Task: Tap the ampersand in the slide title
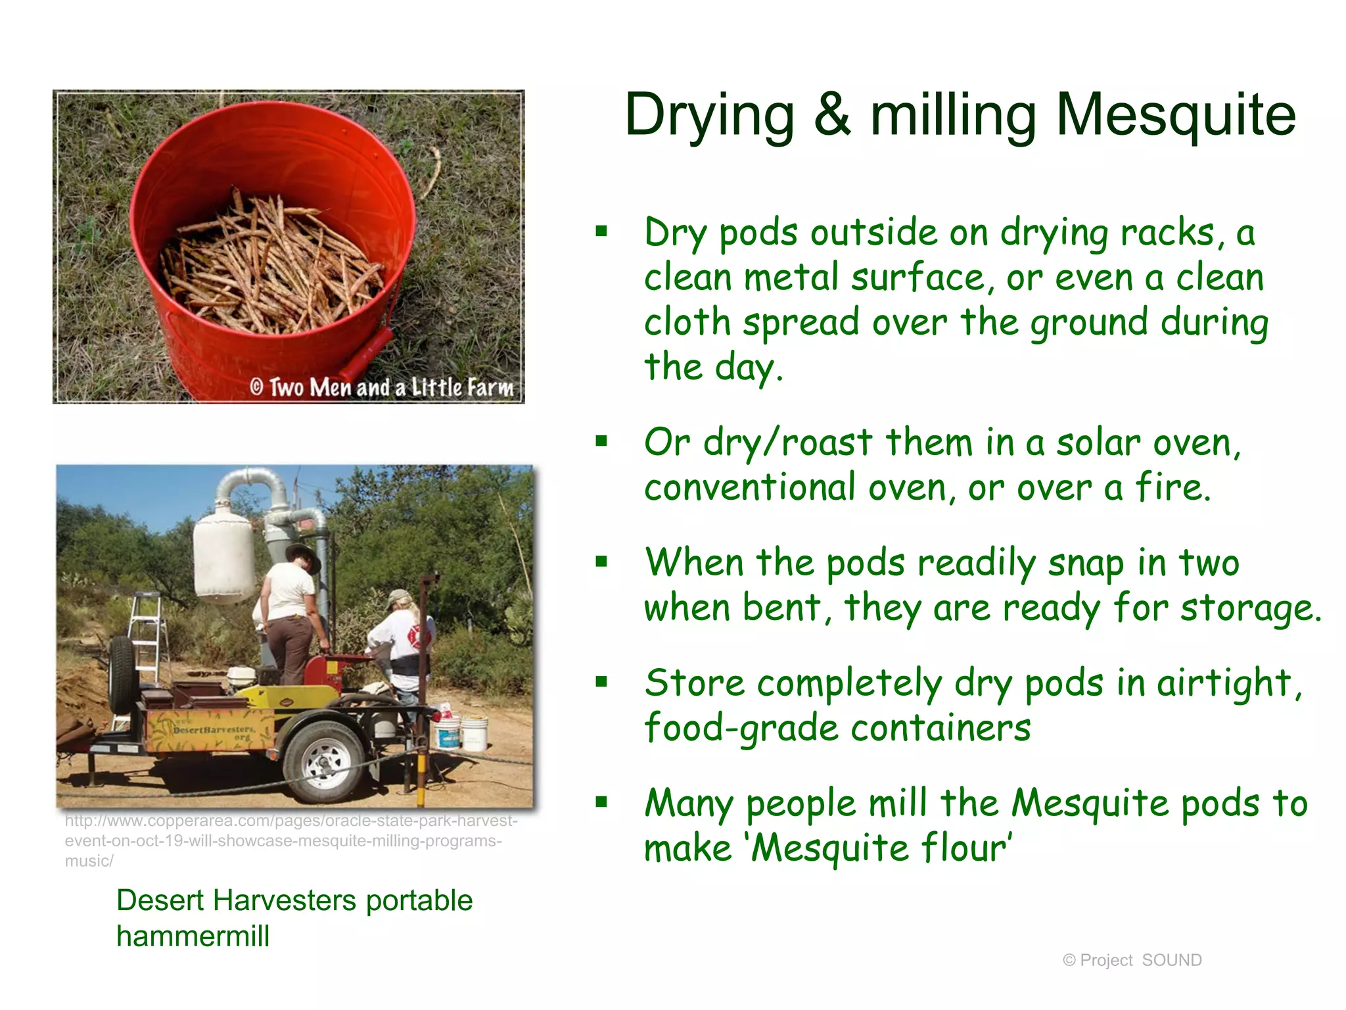(831, 115)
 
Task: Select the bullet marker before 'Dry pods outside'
(601, 231)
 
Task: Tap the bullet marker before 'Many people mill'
(601, 802)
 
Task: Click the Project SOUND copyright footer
(1132, 960)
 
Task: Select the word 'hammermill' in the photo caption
(193, 936)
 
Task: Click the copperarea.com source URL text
(289, 840)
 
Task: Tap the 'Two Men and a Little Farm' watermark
(382, 387)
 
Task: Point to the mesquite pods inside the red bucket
(269, 263)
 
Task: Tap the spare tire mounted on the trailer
(123, 673)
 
